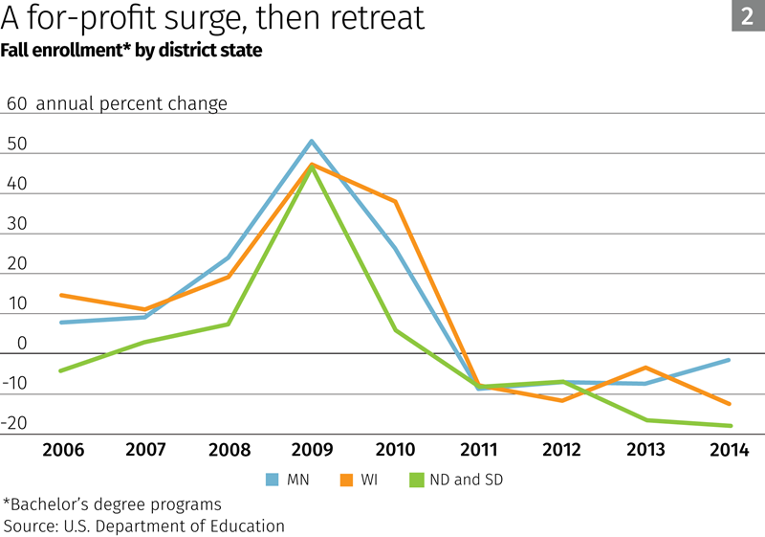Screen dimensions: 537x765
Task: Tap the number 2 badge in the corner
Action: [747, 15]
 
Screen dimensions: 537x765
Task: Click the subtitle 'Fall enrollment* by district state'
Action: [132, 50]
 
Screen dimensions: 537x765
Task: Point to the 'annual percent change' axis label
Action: [132, 103]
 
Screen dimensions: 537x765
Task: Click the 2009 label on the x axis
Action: [312, 450]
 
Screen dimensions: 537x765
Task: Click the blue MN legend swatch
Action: [273, 480]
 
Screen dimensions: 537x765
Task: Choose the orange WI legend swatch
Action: [345, 480]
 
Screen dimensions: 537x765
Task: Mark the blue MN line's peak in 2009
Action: [312, 142]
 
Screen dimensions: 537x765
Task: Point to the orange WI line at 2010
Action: [396, 202]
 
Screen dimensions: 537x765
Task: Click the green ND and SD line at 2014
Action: [731, 426]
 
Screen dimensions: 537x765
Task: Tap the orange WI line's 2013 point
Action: [646, 368]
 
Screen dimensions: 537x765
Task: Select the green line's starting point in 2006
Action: [60, 370]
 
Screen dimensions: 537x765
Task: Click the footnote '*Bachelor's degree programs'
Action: [112, 503]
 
